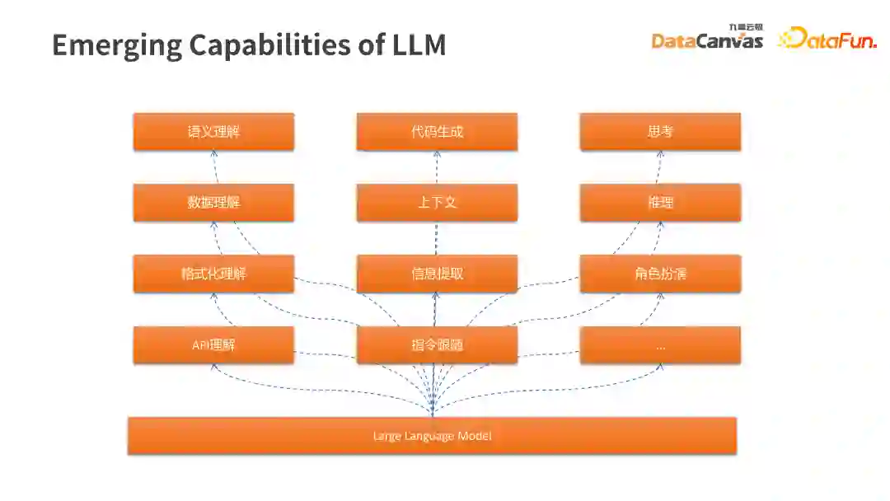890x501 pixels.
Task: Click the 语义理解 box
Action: click(213, 132)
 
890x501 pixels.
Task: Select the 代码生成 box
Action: click(437, 132)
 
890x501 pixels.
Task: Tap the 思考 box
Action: click(660, 132)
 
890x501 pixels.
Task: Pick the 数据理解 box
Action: click(213, 203)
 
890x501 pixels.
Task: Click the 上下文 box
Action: click(437, 203)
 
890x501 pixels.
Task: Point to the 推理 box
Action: click(660, 203)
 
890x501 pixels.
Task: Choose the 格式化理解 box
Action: click(213, 274)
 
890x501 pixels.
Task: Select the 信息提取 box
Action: click(437, 274)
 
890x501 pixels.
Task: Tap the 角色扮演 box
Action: click(660, 274)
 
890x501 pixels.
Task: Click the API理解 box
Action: click(213, 345)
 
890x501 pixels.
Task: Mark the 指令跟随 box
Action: click(437, 345)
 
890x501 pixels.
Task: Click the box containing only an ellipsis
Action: click(660, 345)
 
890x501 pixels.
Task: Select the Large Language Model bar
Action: click(432, 436)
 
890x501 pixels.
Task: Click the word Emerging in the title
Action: click(115, 44)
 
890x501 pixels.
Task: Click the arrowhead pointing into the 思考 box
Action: click(659, 154)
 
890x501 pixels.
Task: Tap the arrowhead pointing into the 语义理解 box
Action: click(213, 154)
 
